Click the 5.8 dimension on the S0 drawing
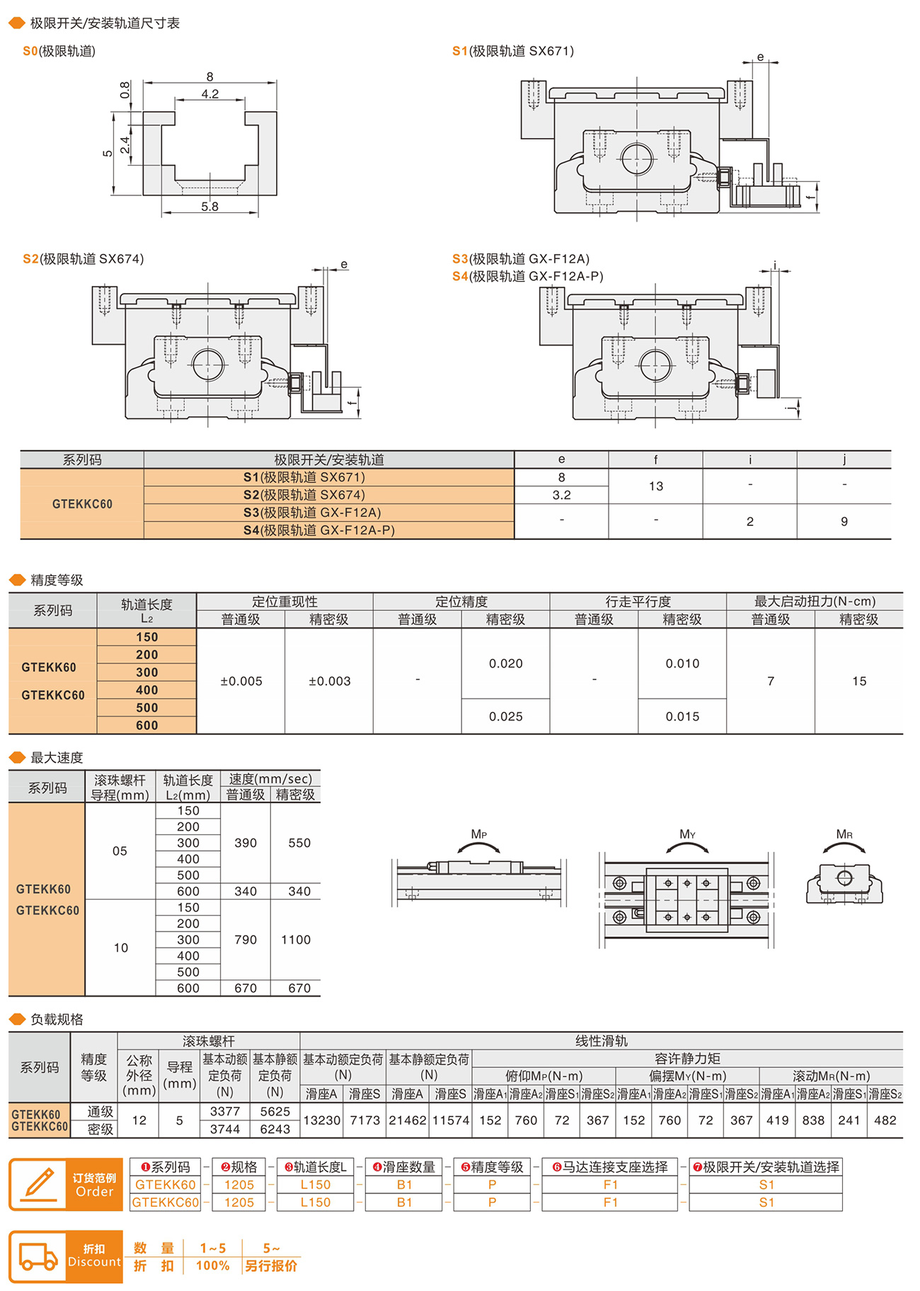[x=209, y=207]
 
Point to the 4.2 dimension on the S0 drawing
[x=209, y=94]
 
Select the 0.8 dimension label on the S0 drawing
[x=125, y=90]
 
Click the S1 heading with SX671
[x=513, y=51]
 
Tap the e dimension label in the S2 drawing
[x=344, y=265]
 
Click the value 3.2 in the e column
[x=561, y=495]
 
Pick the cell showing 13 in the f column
[x=655, y=486]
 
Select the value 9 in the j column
[x=844, y=522]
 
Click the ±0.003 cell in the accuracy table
[x=329, y=681]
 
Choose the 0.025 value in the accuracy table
[x=505, y=716]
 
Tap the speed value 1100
[x=296, y=940]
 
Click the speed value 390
[x=246, y=843]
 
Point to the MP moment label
[x=478, y=834]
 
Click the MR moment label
[x=844, y=834]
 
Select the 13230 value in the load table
[x=322, y=1120]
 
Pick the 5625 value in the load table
[x=275, y=1112]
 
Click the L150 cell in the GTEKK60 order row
[x=315, y=1185]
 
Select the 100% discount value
[x=212, y=1266]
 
